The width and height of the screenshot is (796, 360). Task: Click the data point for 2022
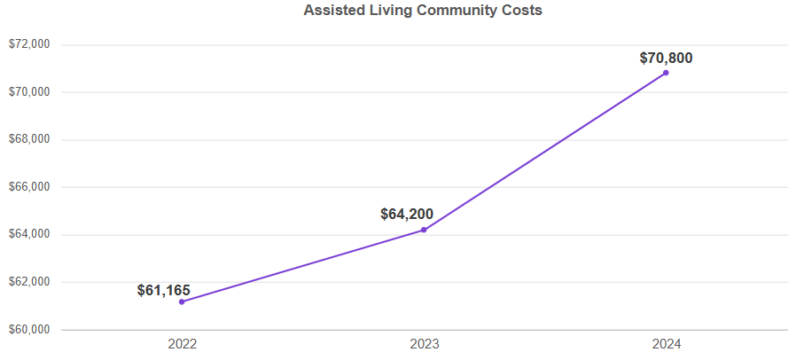click(182, 301)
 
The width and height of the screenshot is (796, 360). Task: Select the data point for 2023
click(424, 230)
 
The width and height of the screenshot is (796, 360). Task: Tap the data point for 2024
click(666, 73)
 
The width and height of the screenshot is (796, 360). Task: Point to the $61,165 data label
click(164, 290)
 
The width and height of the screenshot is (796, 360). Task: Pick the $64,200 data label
click(407, 214)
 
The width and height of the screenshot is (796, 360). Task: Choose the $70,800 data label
click(666, 59)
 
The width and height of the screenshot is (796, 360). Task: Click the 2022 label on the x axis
click(182, 343)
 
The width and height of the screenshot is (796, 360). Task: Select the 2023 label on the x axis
click(424, 343)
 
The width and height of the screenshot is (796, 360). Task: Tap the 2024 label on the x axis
click(666, 343)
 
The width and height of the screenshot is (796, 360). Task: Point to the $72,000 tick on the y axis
click(28, 44)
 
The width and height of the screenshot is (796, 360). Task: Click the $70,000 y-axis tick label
click(28, 92)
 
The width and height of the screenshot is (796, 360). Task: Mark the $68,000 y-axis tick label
click(28, 139)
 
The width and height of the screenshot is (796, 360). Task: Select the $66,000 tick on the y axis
click(28, 187)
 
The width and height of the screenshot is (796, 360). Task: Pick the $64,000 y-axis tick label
click(28, 235)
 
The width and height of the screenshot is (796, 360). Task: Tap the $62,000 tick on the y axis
click(28, 282)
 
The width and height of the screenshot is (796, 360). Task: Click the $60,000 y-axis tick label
click(28, 330)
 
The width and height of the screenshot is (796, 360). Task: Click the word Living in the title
click(382, 12)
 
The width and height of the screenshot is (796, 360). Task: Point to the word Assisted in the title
click(332, 12)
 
